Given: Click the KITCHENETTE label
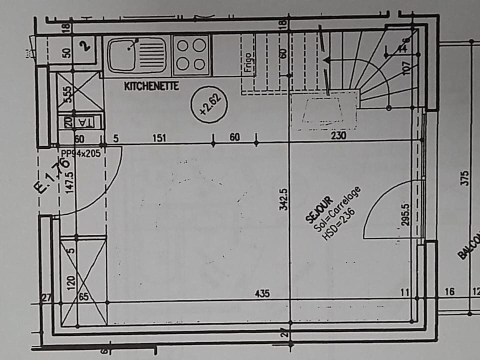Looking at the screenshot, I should coord(151,86).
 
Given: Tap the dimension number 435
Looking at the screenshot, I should coord(262,293).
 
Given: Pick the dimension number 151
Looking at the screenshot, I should coord(159,138).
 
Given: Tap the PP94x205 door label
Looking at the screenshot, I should coord(81,153).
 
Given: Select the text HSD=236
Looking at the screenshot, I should coord(339,224).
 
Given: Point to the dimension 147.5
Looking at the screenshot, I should coord(70,183).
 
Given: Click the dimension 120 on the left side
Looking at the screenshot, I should coord(70,283).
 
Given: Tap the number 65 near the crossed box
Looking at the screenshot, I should coord(83,297).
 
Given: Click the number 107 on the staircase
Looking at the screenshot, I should coord(406,66).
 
